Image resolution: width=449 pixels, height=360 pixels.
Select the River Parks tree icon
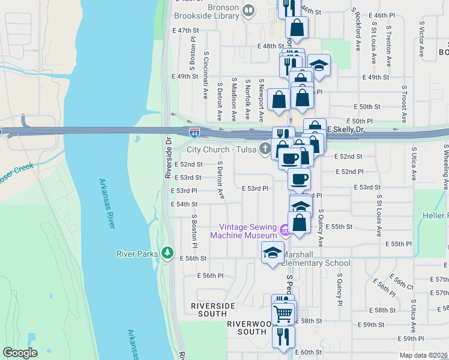[x=168, y=253]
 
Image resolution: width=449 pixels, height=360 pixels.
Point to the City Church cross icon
[x=265, y=149]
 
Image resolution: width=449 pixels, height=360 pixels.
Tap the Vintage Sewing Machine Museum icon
[x=285, y=229]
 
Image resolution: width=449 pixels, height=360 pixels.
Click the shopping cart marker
[x=283, y=314]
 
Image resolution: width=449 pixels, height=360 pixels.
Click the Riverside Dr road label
[x=169, y=158]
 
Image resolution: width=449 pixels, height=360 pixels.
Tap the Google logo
[x=20, y=353]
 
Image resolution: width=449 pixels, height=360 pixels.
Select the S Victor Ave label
[x=421, y=40]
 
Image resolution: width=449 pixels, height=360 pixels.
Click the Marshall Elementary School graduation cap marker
[x=273, y=252]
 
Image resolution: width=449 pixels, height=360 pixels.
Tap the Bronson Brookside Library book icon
[x=248, y=10]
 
